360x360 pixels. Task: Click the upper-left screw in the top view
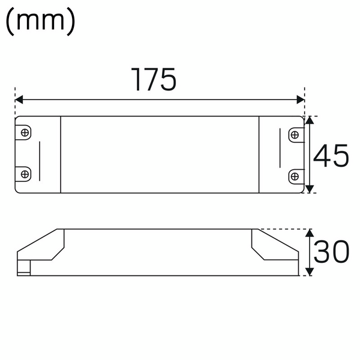click(x=25, y=133)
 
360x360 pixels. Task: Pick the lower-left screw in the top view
click(x=25, y=173)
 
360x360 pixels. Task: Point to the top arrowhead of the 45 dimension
click(x=310, y=121)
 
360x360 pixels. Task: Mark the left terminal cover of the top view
click(x=38, y=154)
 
